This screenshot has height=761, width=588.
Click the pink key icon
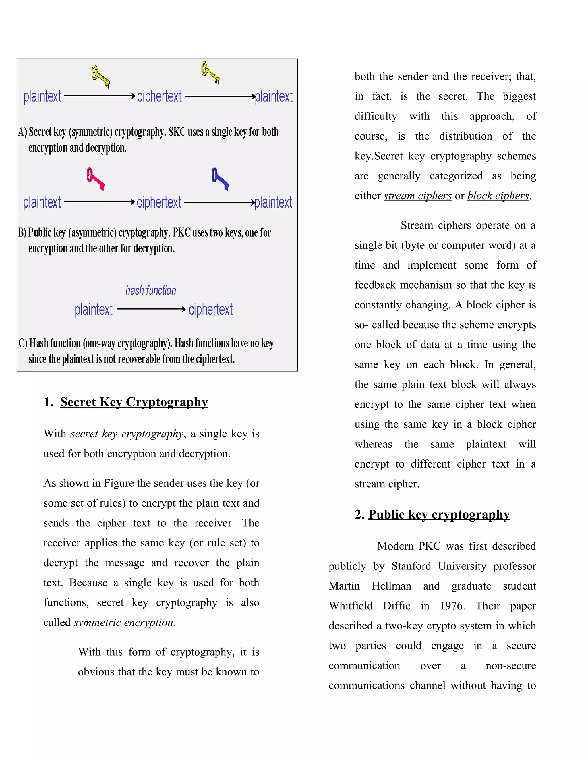tap(95, 178)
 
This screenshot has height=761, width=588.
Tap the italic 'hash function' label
tap(151, 290)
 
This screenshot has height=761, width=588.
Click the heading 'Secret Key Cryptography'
tap(134, 402)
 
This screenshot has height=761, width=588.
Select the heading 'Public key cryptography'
tap(439, 514)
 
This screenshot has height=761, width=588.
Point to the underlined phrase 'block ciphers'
tap(498, 196)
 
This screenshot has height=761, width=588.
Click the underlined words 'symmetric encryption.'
tap(125, 622)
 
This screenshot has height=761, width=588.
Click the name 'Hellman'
tap(391, 586)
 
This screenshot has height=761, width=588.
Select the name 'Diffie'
tap(396, 606)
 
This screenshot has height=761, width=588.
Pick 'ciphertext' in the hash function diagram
tap(211, 309)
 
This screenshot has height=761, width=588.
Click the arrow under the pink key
tap(99, 202)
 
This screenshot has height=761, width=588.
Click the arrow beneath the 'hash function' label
tap(152, 309)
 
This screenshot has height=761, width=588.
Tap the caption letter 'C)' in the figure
tap(23, 343)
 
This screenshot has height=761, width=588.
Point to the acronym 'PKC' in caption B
tap(181, 232)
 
